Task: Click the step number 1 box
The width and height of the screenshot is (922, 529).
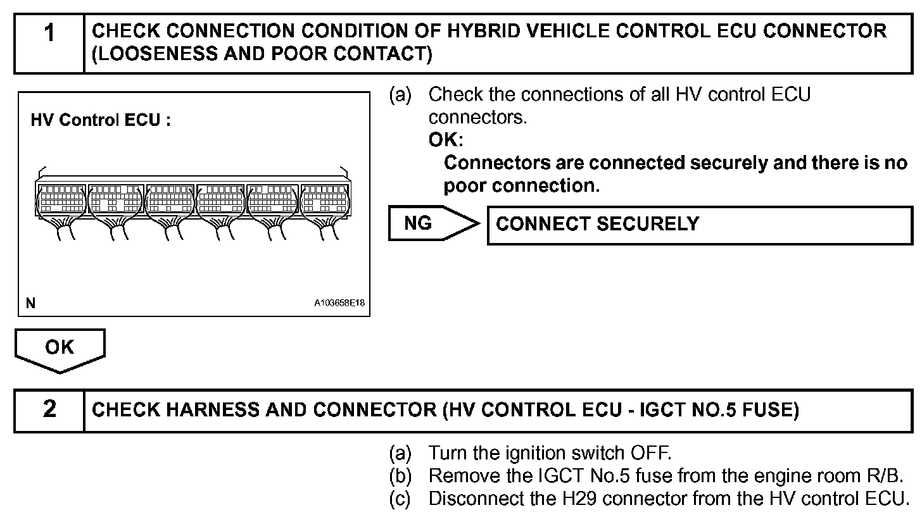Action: click(49, 43)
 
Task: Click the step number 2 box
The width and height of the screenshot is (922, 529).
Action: click(49, 410)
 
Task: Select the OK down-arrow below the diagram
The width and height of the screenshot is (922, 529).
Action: click(60, 349)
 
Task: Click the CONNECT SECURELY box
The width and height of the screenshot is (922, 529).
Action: click(699, 224)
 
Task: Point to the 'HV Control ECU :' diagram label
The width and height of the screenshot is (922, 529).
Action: click(101, 120)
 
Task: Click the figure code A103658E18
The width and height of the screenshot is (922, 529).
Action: click(339, 304)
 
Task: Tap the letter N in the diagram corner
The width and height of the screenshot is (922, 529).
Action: click(30, 304)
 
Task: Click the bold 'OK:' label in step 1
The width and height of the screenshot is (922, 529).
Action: click(446, 140)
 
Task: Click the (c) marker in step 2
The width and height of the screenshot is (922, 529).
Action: click(400, 499)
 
